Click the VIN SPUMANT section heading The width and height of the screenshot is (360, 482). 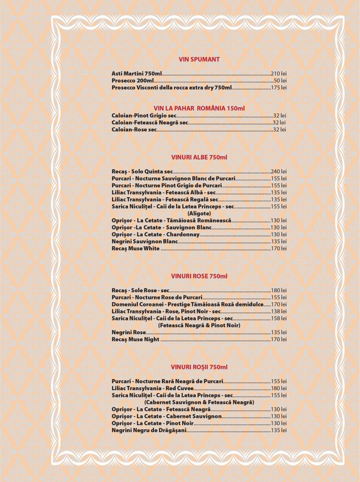tap(199, 59)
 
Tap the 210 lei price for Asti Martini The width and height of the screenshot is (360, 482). tap(279, 74)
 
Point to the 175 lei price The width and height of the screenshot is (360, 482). tap(279, 88)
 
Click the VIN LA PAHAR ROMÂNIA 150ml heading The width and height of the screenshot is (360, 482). tap(199, 108)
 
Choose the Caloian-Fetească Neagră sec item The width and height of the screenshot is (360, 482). tap(150, 123)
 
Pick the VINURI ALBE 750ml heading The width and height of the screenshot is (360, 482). tap(199, 157)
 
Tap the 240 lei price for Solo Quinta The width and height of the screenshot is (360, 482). tap(279, 172)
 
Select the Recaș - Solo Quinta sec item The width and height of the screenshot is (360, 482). tap(142, 172)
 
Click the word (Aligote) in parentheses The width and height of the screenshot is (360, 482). tap(199, 213)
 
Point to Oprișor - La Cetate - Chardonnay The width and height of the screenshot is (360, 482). tap(155, 234)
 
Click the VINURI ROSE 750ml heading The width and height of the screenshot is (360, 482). tap(199, 276)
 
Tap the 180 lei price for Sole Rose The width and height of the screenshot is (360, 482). tap(279, 290)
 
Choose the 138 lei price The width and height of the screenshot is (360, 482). tap(279, 312)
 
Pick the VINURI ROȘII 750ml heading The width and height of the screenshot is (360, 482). tap(199, 367)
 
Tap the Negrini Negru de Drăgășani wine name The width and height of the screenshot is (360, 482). tap(149, 431)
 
